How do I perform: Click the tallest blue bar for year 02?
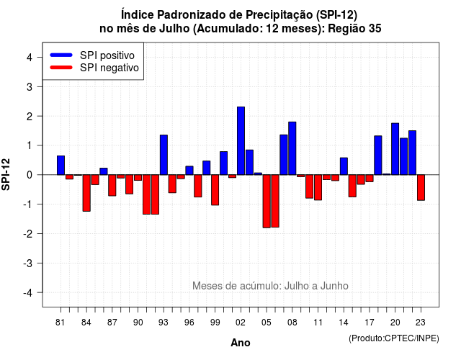click(x=241, y=141)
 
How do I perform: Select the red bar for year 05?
click(x=267, y=202)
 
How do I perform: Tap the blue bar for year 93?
click(x=164, y=155)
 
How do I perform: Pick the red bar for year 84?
click(x=86, y=193)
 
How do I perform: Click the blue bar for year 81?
click(x=61, y=165)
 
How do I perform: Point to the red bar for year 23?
click(x=421, y=187)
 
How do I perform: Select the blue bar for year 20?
click(x=395, y=149)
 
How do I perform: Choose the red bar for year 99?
click(x=215, y=190)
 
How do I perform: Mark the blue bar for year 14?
click(x=344, y=166)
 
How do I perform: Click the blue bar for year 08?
click(x=292, y=148)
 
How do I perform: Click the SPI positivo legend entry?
click(x=92, y=55)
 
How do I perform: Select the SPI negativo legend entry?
click(x=94, y=68)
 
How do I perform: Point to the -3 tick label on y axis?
click(x=29, y=263)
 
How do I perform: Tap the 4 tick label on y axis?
click(x=30, y=58)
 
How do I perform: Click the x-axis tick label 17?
click(x=370, y=323)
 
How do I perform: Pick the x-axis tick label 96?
click(x=189, y=323)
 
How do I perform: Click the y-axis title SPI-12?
click(x=6, y=174)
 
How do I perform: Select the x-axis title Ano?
click(x=241, y=343)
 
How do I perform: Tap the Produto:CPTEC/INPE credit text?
click(x=394, y=338)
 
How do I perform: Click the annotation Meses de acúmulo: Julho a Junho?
click(x=271, y=286)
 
